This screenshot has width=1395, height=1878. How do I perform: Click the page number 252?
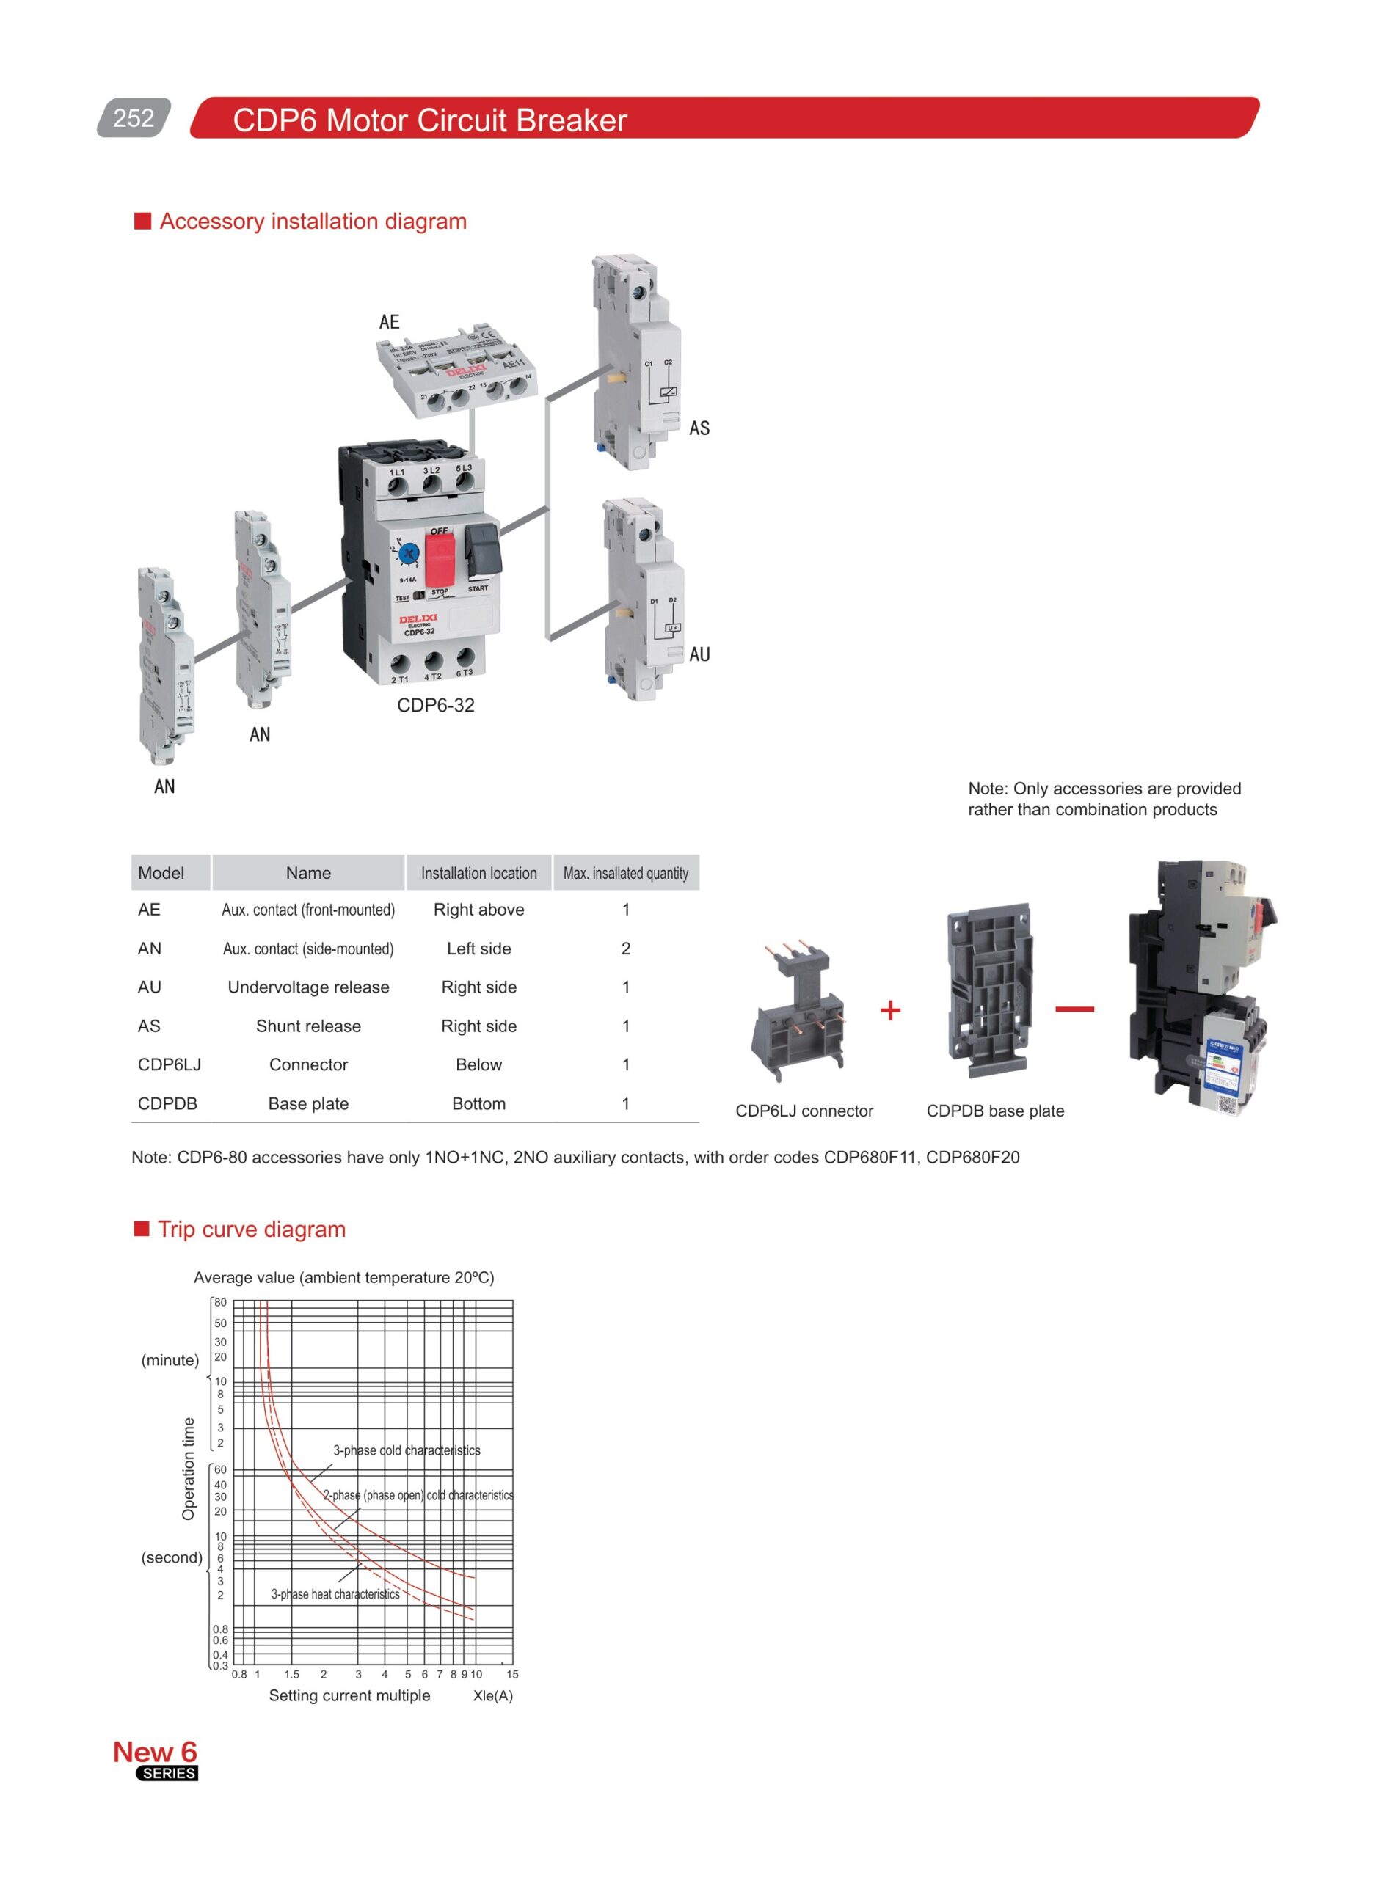[134, 117]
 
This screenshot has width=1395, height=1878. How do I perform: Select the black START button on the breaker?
[482, 549]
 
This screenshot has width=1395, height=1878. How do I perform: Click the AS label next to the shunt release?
[699, 428]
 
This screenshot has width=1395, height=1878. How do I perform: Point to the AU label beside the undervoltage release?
[699, 654]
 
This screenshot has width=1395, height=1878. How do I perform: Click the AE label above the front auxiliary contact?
[388, 321]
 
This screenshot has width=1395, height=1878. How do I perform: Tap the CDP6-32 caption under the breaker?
[436, 705]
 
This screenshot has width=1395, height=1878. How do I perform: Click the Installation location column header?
[478, 873]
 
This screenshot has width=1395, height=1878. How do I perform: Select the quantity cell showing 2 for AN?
[626, 948]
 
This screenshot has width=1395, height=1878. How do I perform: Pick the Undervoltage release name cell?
[308, 987]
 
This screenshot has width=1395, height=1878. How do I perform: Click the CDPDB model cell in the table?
[167, 1103]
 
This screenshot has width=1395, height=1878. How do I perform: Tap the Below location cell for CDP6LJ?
[478, 1064]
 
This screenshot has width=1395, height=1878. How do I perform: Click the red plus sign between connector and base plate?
[890, 1009]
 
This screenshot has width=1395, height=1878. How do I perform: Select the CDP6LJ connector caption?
[803, 1111]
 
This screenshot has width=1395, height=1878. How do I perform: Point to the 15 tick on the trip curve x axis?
[511, 1674]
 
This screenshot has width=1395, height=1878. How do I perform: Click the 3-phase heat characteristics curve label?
[335, 1593]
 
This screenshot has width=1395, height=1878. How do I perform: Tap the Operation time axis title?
[189, 1469]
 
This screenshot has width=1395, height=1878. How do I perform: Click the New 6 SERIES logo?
[156, 1760]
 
